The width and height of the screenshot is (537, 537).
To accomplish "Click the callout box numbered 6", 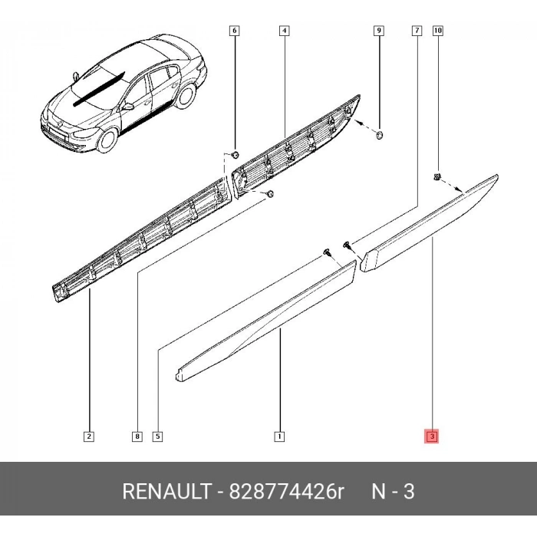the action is (234, 31).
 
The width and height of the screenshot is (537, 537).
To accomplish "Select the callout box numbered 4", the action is (285, 31).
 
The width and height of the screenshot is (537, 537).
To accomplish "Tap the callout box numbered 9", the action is (379, 31).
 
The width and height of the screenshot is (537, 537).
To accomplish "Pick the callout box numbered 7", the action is (417, 31).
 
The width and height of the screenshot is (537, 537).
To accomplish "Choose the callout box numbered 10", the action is (438, 31).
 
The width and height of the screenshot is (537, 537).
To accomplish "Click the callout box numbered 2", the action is (89, 437).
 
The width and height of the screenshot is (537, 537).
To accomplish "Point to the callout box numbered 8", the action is (137, 437).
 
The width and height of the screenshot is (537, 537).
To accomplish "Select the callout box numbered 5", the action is (157, 437).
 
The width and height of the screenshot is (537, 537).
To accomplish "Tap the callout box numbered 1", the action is (279, 437).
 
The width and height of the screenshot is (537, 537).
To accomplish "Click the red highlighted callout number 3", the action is (432, 437).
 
